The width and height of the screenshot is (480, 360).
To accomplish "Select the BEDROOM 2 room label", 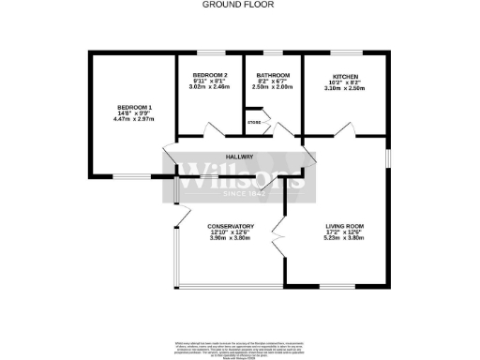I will coord(210,75).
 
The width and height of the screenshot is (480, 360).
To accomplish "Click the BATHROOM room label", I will coord(272,75).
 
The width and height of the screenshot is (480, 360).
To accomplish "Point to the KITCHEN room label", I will coord(346,75).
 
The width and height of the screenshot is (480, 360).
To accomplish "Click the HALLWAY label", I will coord(239,157).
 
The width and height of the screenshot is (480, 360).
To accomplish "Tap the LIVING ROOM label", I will coord(346,226).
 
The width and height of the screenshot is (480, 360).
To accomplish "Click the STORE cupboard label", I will coord(253,120).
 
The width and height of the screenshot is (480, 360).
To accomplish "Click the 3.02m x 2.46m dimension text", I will coord(210,88).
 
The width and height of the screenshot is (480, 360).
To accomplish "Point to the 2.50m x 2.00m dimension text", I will coord(272,88).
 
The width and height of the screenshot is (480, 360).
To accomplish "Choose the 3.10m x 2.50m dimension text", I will coord(346,88).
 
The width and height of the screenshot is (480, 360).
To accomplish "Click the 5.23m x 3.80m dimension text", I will coord(346,239).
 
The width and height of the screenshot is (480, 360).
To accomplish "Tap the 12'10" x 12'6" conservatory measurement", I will coord(230,232).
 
